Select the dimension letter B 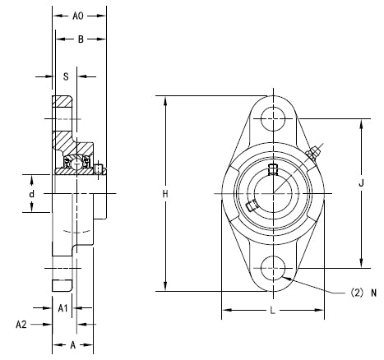click(80, 39)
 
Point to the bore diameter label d click(32, 194)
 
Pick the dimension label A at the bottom click(72, 345)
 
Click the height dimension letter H click(165, 194)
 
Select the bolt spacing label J click(362, 185)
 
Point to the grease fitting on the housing click(313, 154)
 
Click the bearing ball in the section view click(77, 164)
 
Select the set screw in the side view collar click(99, 169)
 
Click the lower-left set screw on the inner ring click(253, 206)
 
